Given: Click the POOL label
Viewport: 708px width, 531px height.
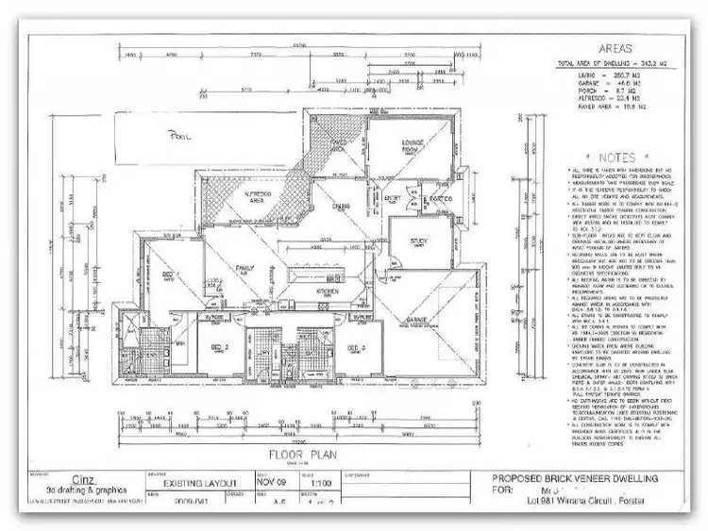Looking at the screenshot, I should click(x=179, y=135).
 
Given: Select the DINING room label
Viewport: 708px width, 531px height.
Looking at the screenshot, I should click(x=341, y=206).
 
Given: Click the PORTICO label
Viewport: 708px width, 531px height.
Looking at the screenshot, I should click(x=435, y=199).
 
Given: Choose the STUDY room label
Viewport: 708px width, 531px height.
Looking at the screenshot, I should click(x=419, y=242).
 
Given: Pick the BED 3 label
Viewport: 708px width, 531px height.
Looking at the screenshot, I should click(x=356, y=348).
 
